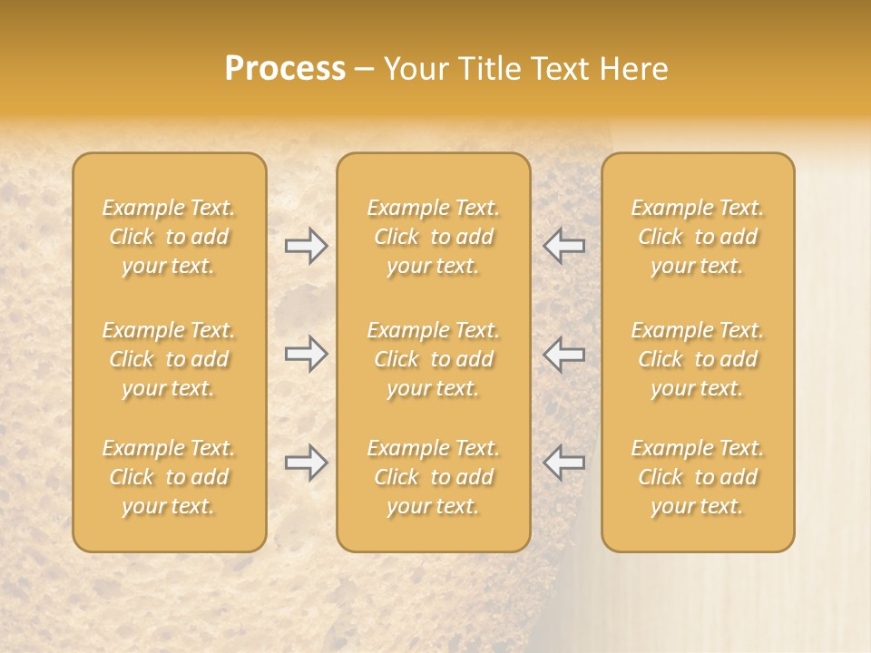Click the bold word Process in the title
click(285, 69)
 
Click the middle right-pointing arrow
click(307, 354)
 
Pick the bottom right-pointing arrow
click(307, 463)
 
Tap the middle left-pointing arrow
click(564, 354)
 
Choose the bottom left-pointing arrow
click(564, 463)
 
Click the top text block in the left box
click(169, 237)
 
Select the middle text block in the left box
click(169, 359)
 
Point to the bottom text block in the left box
click(169, 477)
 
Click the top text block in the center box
click(434, 237)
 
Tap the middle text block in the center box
click(434, 359)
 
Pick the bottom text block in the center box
click(434, 477)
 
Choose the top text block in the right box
click(698, 237)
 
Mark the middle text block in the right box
click(698, 359)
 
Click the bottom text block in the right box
click(698, 477)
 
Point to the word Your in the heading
click(414, 69)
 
